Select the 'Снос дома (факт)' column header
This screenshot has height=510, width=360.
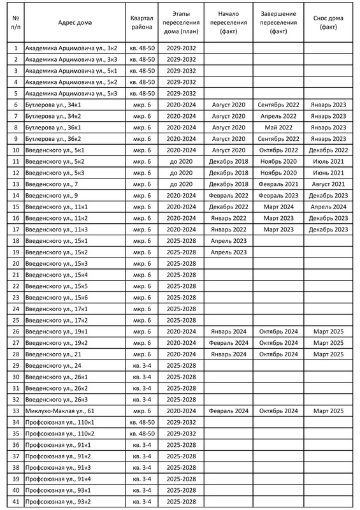(x=329, y=22)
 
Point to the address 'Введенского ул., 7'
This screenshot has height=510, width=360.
(x=52, y=184)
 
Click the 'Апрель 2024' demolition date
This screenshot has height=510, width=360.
(x=329, y=207)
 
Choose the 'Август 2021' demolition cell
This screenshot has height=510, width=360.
(x=329, y=184)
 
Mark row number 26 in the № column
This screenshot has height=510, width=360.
(x=15, y=331)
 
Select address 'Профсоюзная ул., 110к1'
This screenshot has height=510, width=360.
(x=59, y=423)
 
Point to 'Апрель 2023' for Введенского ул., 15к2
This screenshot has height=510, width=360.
(x=227, y=252)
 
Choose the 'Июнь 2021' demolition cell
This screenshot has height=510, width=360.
(x=329, y=173)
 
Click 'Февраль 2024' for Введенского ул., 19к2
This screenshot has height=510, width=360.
(x=227, y=343)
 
